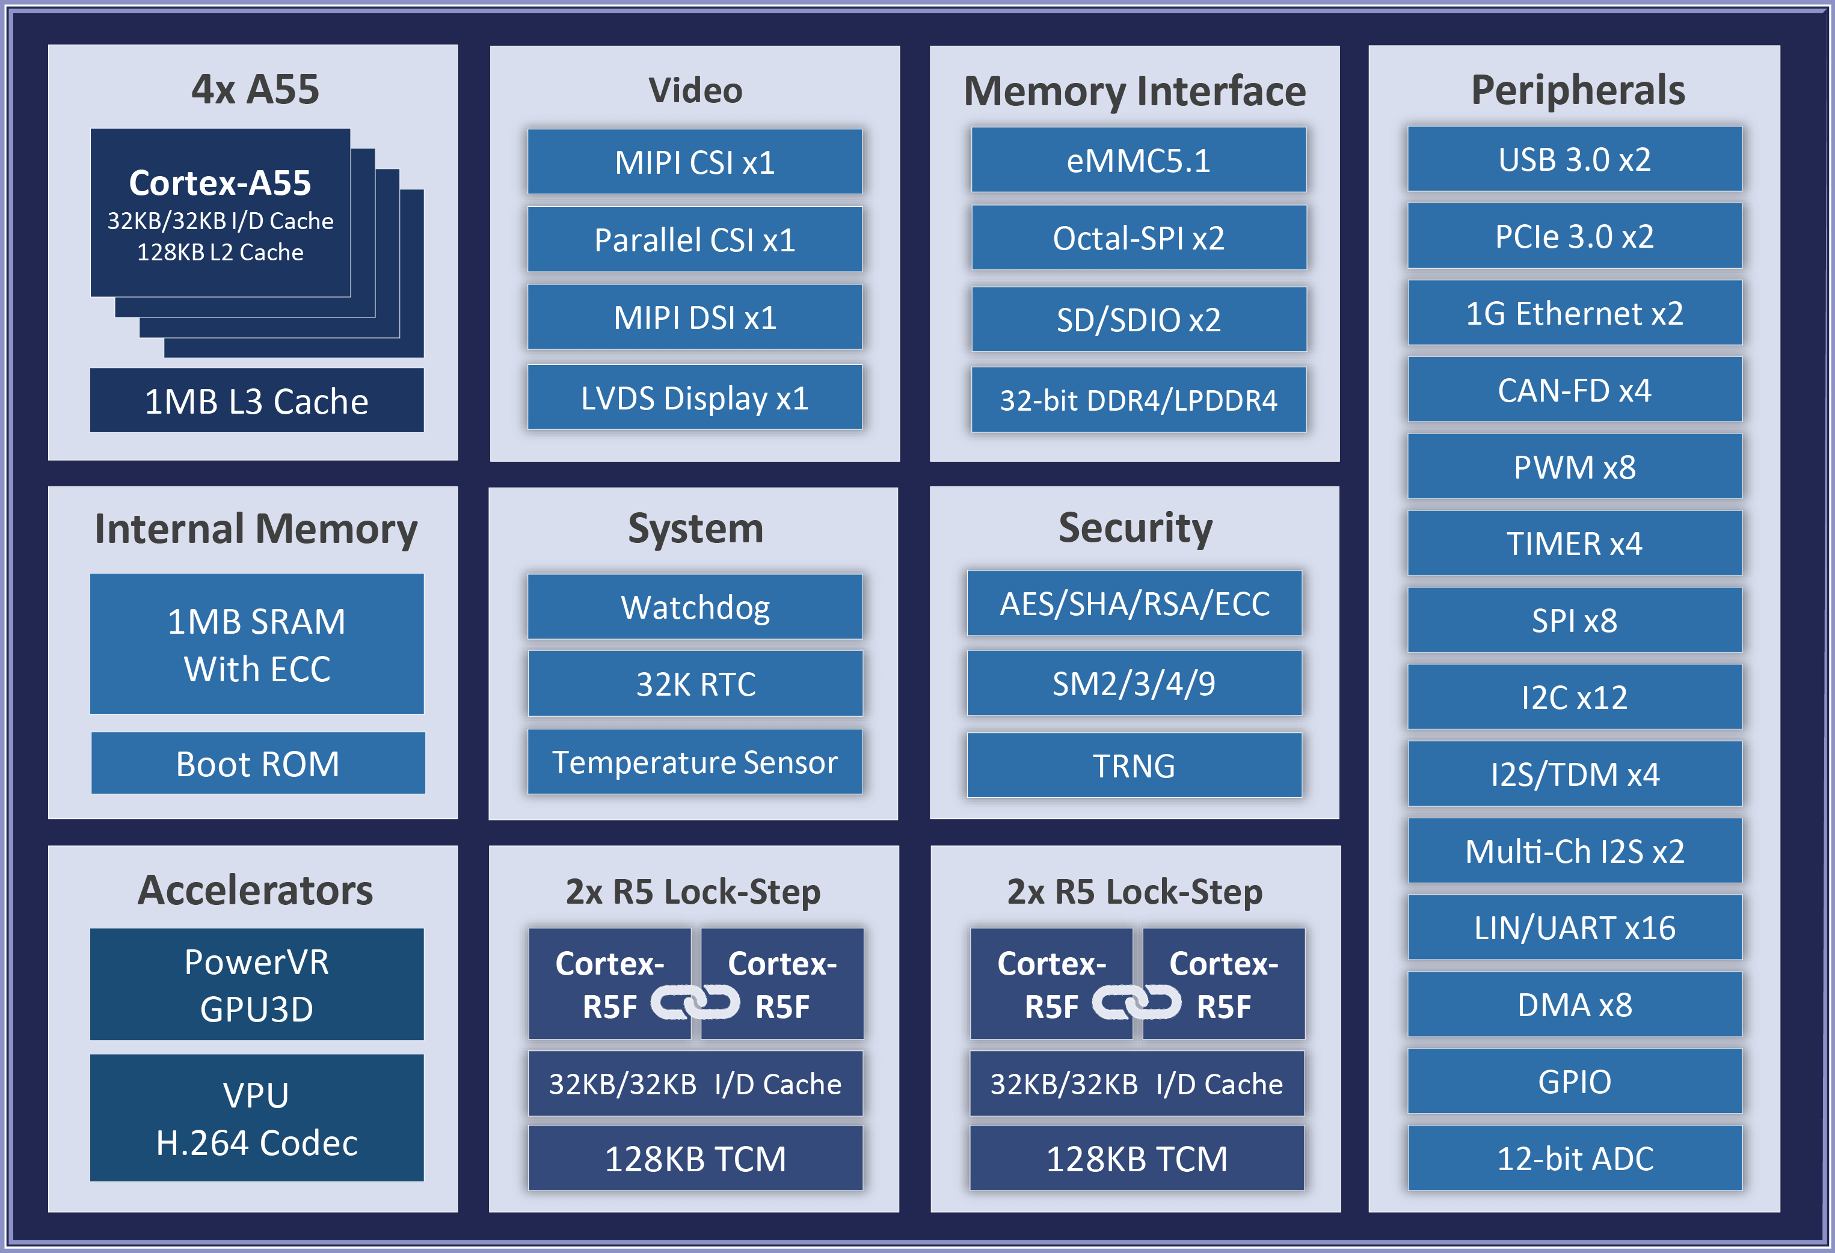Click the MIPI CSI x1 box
pos(695,162)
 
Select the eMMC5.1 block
pos(1138,161)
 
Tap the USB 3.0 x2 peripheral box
pos(1575,159)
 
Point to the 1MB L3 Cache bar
pos(257,401)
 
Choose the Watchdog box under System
pos(695,607)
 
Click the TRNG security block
pos(1134,765)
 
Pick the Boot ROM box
pos(257,764)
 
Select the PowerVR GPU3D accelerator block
pos(257,985)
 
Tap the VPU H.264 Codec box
pos(257,1118)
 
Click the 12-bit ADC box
pos(1575,1158)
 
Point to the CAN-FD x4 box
pos(1575,390)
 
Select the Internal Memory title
pos(256,528)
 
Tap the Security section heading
pos(1135,527)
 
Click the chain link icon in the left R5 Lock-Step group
pos(695,1003)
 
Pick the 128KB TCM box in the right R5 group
pos(1136,1158)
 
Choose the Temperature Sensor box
pos(695,762)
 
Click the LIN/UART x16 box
pos(1575,928)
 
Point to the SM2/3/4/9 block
pos(1134,684)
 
